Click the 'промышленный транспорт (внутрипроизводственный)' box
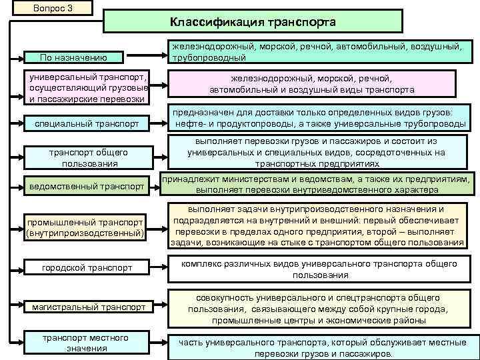click(x=85, y=227)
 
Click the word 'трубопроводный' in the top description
click(x=206, y=58)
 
